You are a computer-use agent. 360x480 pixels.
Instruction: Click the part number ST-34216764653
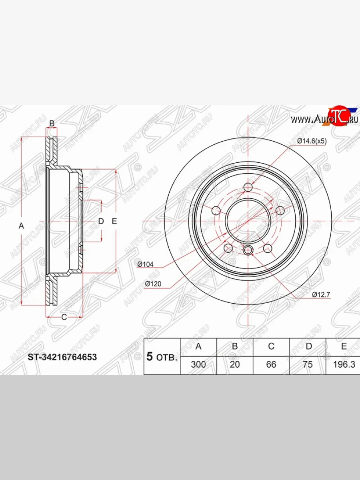pyautogui.click(x=62, y=357)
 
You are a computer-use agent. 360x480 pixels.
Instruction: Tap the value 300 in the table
pyautogui.click(x=198, y=364)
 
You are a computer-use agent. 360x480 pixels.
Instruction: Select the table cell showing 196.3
pyautogui.click(x=344, y=364)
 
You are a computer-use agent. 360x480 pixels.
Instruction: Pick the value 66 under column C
pyautogui.click(x=271, y=364)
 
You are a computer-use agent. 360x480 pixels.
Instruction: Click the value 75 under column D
pyautogui.click(x=308, y=364)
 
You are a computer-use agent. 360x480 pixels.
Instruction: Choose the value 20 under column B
pyautogui.click(x=235, y=364)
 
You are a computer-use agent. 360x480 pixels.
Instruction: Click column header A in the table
pyautogui.click(x=198, y=346)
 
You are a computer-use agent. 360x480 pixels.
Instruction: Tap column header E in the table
pyautogui.click(x=344, y=346)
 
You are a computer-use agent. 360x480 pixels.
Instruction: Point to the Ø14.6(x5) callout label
pyautogui.click(x=312, y=142)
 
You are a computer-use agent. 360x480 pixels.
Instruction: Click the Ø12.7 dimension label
pyautogui.click(x=321, y=294)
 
